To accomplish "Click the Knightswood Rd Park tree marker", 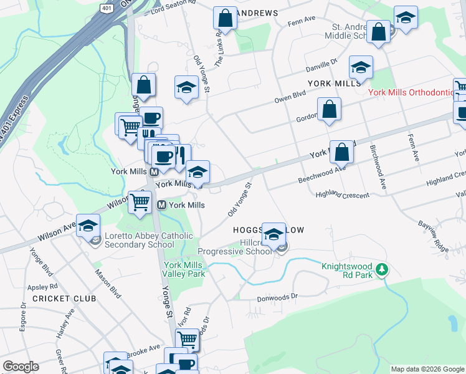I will pos(382,270).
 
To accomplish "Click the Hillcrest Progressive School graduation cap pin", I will pos(273,235).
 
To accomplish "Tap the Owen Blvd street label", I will pos(290,97).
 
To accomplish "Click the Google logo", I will pos(20,367).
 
